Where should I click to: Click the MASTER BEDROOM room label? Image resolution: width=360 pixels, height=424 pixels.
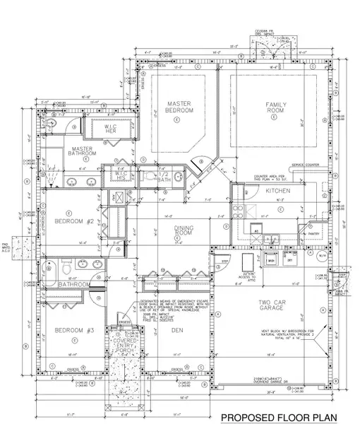pos(179,107)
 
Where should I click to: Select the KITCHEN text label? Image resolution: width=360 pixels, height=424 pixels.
pos(275,192)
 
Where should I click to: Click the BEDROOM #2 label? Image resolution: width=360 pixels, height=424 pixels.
pos(75,221)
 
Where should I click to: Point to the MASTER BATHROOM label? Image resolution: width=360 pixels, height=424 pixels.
pos(83,151)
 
